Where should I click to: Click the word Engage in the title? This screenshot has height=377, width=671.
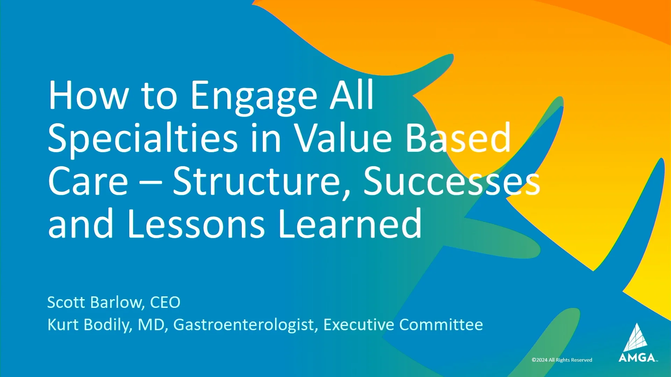[254, 96]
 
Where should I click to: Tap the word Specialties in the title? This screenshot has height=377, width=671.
[143, 139]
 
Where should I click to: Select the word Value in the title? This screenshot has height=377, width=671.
[343, 139]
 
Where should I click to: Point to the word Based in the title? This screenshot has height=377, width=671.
[458, 139]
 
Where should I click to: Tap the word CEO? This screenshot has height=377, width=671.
[165, 302]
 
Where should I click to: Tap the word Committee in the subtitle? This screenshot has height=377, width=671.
[441, 325]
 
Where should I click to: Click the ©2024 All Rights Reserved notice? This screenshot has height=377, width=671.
[562, 360]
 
